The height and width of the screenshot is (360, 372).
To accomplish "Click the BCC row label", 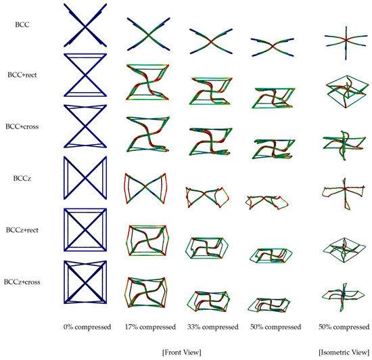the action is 22,24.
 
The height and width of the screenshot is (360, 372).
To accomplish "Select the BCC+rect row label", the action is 22,75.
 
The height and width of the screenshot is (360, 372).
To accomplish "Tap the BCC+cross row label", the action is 22,127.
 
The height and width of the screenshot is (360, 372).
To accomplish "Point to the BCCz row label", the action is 22,178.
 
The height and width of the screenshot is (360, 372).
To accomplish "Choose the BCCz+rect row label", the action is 22,230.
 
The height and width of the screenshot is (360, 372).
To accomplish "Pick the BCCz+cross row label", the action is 22,282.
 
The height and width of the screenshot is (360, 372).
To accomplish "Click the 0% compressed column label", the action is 87,327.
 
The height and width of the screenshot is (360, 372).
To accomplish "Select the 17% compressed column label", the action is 150,327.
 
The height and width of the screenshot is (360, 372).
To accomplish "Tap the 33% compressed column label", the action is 213,327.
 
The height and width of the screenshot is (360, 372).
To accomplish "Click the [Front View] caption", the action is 182,352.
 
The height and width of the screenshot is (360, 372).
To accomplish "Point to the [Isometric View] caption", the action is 344,352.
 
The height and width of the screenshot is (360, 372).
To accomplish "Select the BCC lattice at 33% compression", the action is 211,41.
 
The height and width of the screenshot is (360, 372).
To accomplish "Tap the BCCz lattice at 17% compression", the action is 145,188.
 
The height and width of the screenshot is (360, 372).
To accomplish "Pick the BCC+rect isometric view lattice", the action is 348,91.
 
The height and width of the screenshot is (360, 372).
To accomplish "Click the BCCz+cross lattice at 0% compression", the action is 85,282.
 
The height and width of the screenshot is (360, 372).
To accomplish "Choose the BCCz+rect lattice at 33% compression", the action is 207,248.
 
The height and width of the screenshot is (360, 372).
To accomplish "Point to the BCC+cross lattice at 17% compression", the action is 147,134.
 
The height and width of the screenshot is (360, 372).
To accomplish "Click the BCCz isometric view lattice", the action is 344,189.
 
